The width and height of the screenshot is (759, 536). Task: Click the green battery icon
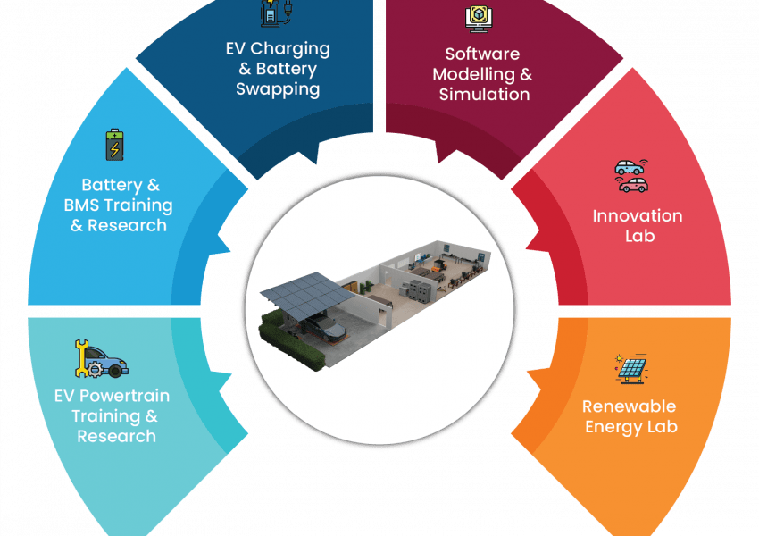click(114, 145)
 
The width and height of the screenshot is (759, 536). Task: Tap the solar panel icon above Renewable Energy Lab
click(631, 369)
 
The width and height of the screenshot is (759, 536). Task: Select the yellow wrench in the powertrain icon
click(81, 358)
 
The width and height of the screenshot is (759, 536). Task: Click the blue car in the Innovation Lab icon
click(630, 168)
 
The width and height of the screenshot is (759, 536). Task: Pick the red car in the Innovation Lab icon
click(633, 185)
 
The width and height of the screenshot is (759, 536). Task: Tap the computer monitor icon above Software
click(479, 19)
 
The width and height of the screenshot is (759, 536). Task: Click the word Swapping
click(278, 90)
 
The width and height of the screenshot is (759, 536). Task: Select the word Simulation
click(484, 94)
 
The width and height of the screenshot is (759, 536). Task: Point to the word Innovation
click(638, 215)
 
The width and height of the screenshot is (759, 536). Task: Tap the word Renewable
click(629, 406)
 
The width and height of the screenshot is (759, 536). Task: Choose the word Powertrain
click(124, 396)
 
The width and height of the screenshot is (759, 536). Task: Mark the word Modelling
click(474, 74)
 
